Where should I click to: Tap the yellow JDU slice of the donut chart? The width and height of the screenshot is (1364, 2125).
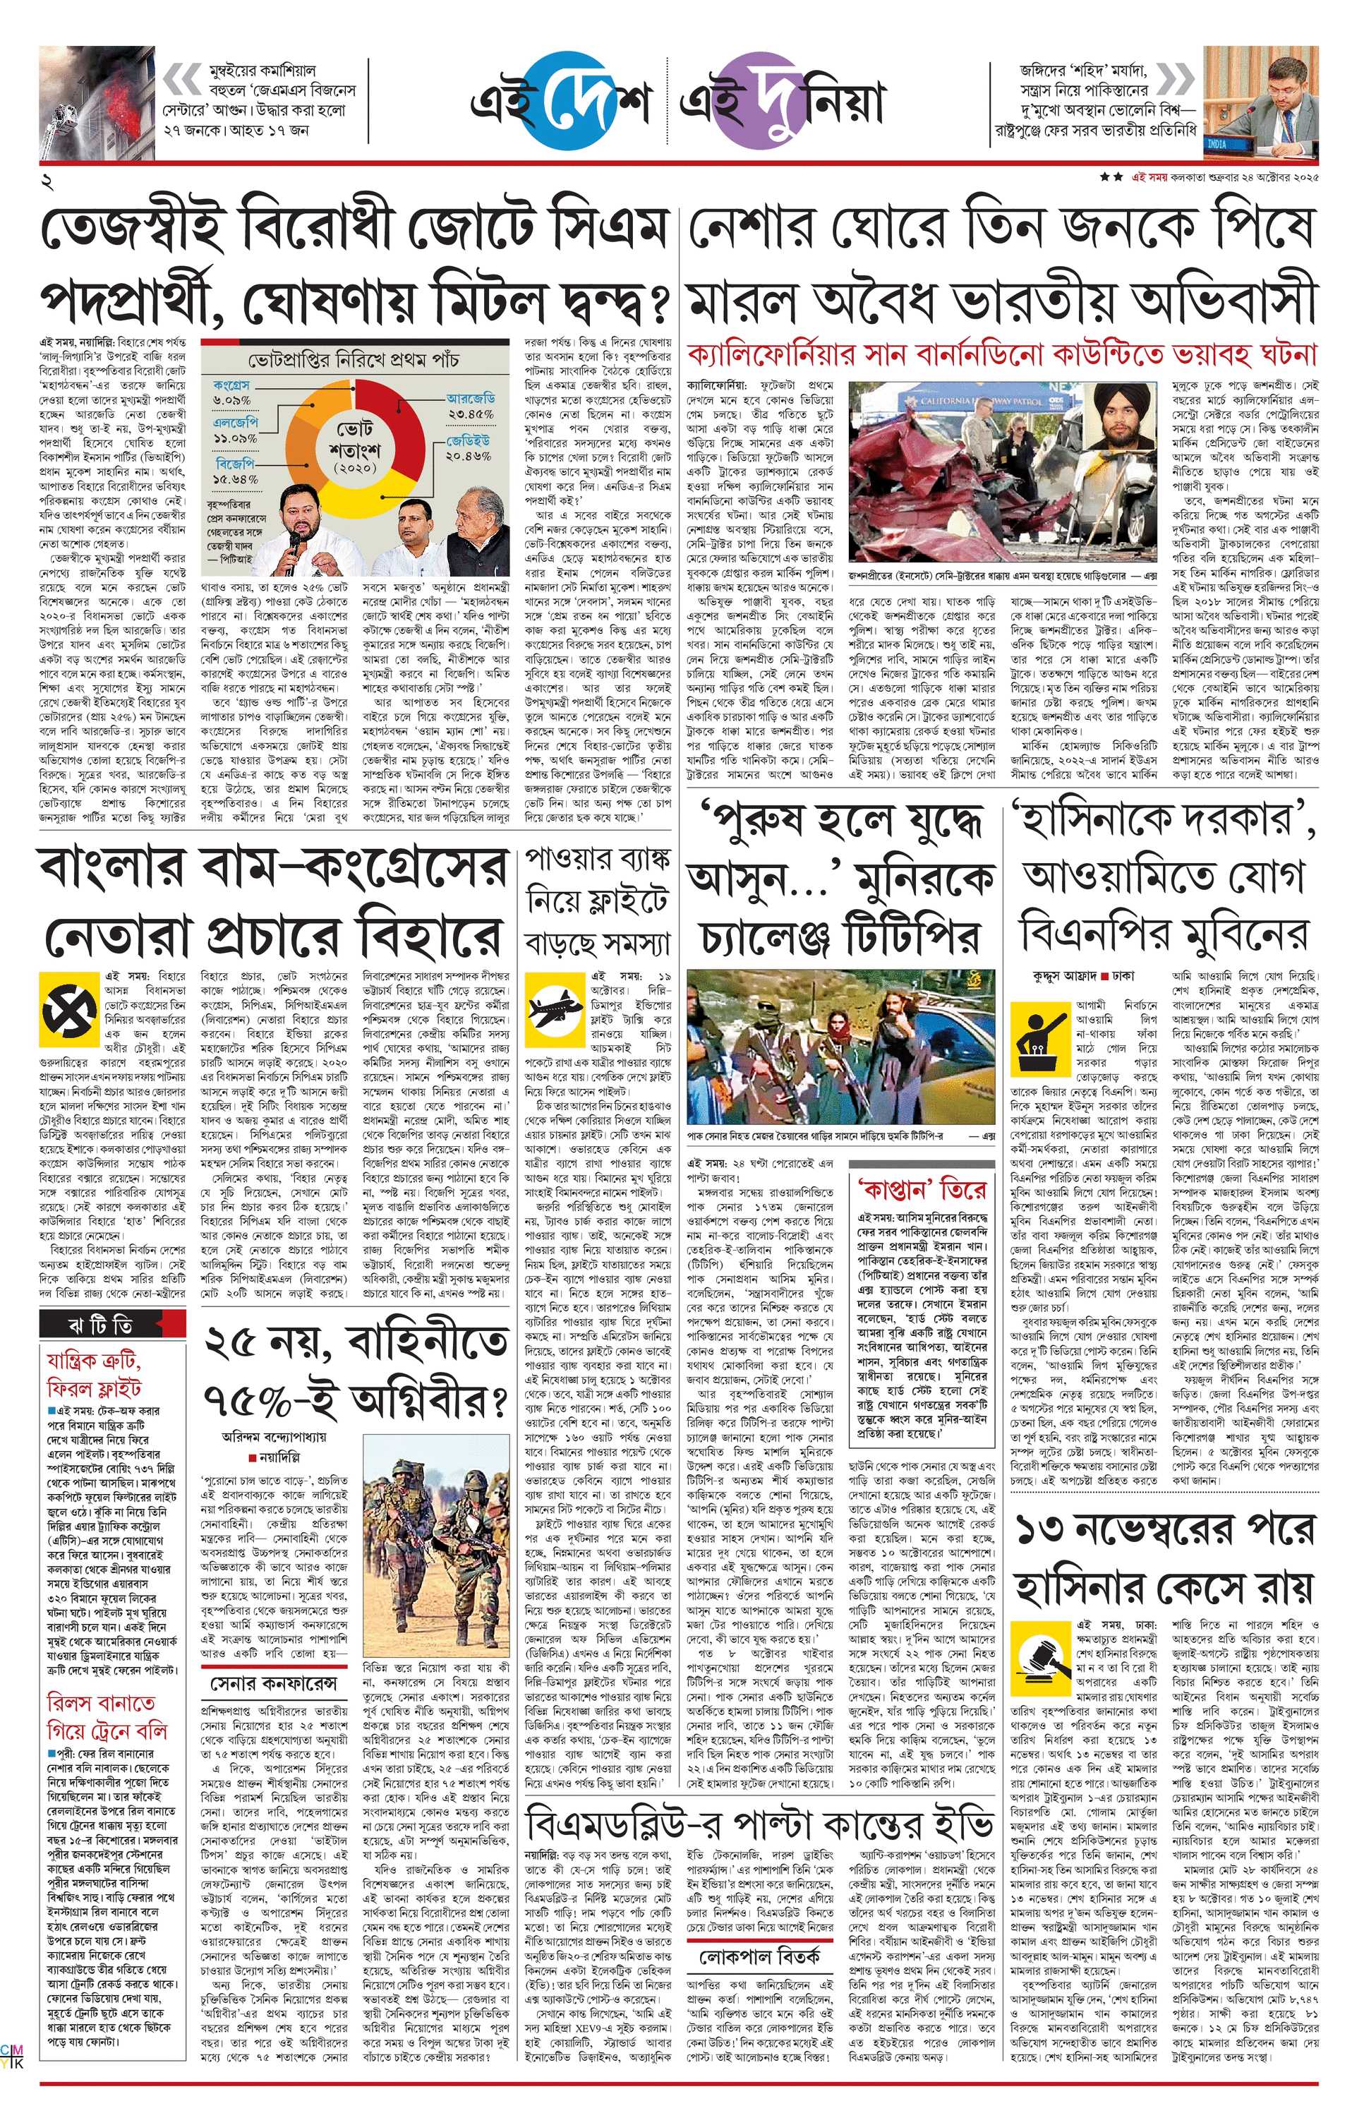(394, 483)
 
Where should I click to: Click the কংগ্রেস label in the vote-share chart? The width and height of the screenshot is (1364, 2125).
(232, 385)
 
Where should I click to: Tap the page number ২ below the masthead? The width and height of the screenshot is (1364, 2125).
(46, 183)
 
